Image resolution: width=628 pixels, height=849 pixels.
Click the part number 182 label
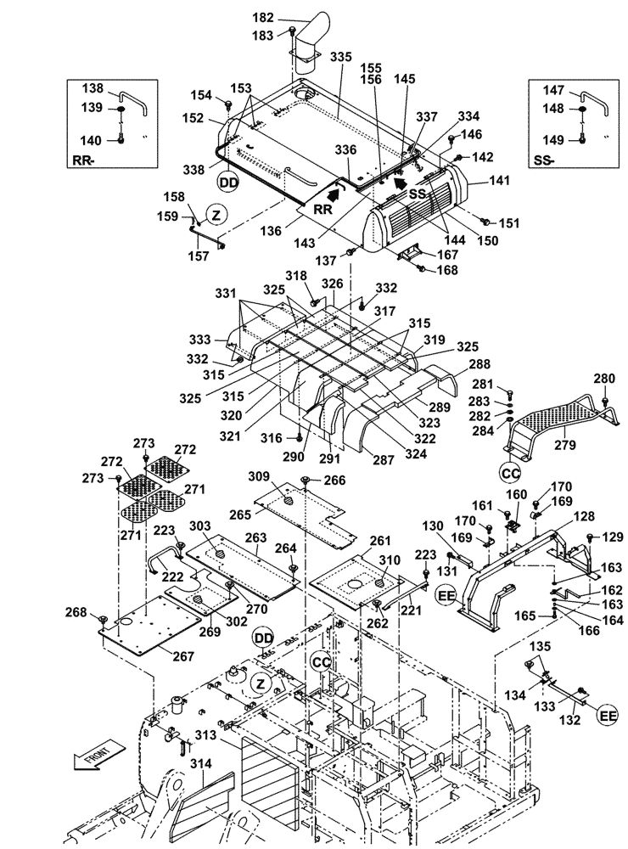[x=265, y=17]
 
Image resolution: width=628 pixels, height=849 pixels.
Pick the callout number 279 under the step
[x=565, y=444]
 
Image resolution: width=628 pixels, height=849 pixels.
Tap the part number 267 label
[x=182, y=656]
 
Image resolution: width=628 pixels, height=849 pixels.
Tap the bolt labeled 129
[x=588, y=536]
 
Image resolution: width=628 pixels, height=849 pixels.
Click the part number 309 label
[x=259, y=475]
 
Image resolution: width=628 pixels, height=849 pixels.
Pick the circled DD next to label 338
[x=227, y=181]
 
